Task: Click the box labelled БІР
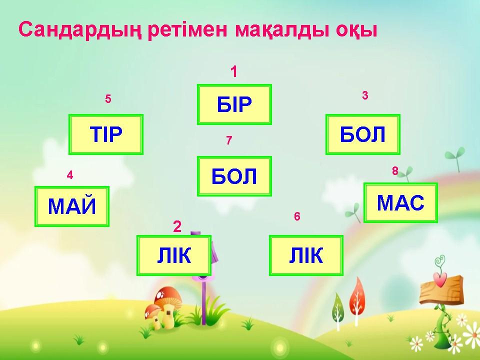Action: (x=234, y=104)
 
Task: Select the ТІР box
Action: (x=106, y=134)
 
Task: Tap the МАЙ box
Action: (x=72, y=206)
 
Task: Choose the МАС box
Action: (x=400, y=202)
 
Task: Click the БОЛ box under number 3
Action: (x=363, y=134)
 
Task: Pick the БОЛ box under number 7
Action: (x=234, y=176)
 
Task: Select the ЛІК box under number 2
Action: (x=174, y=255)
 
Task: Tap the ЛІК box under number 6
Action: (x=306, y=255)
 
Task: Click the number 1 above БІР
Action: (x=234, y=71)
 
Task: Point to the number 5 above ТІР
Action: (x=108, y=99)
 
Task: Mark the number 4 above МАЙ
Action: (x=70, y=175)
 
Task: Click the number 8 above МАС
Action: (x=395, y=170)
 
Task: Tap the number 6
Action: (x=297, y=216)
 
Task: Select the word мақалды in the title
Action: (x=282, y=30)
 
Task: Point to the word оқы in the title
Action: (x=356, y=30)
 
